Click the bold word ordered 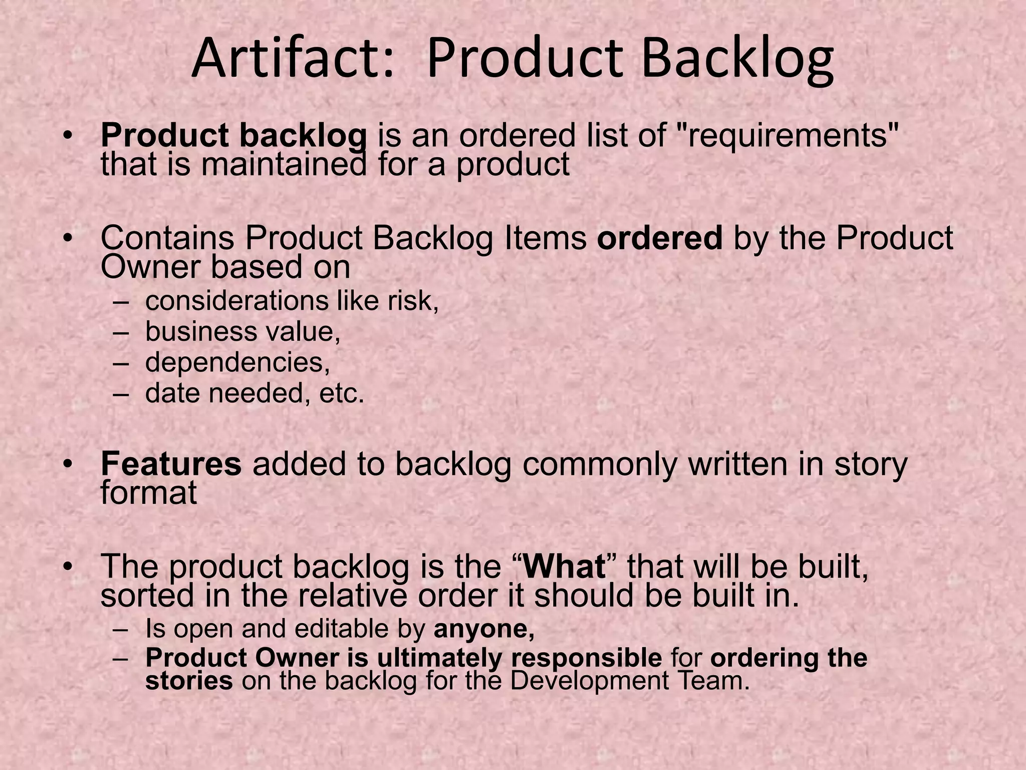coord(659,238)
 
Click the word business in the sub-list coord(199,332)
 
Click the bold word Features coord(171,464)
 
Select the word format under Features coord(149,493)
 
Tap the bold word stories coord(189,681)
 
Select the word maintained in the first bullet coord(284,164)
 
